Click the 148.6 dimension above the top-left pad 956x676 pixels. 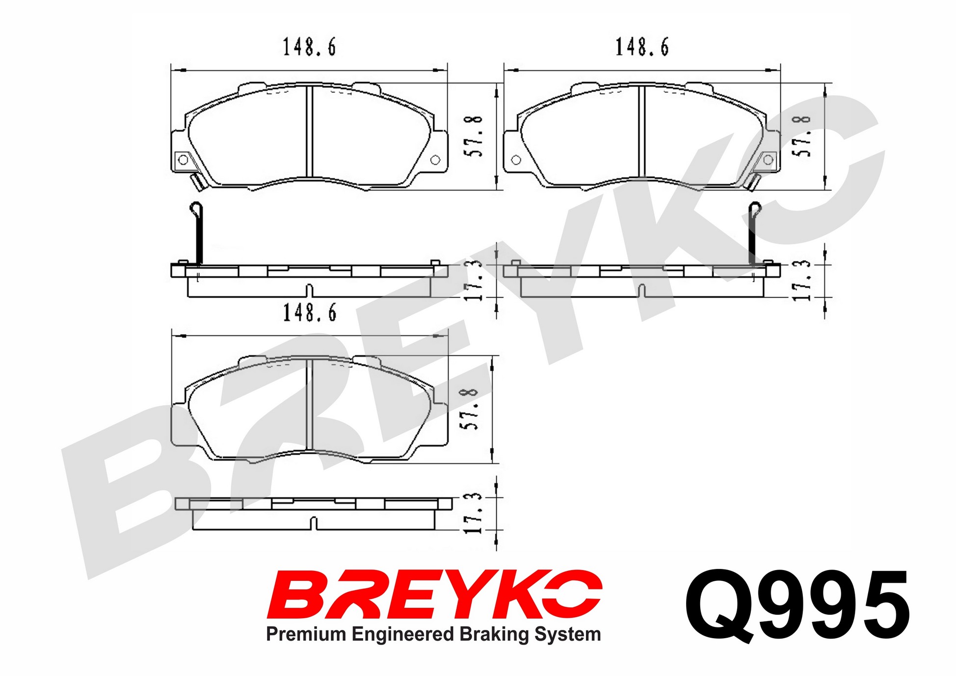pos(309,47)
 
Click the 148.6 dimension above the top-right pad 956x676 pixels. pos(642,47)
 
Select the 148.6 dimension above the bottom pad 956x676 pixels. pos(310,312)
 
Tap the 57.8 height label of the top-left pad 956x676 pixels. pos(474,136)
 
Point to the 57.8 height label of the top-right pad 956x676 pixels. pos(801,136)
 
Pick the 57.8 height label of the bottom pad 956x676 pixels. pos(470,409)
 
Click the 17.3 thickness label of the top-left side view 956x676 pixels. pos(474,280)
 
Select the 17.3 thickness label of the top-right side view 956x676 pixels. pos(802,280)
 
